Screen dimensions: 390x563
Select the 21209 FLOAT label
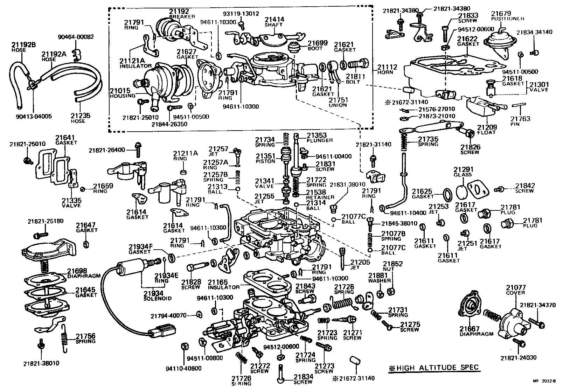tap(487, 130)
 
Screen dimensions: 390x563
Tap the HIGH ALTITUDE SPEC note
tap(434, 368)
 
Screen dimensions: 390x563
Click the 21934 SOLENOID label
tap(158, 295)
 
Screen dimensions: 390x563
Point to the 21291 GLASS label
tap(463, 172)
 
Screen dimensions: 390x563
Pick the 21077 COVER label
tap(516, 290)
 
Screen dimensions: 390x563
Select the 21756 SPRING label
tap(85, 339)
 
